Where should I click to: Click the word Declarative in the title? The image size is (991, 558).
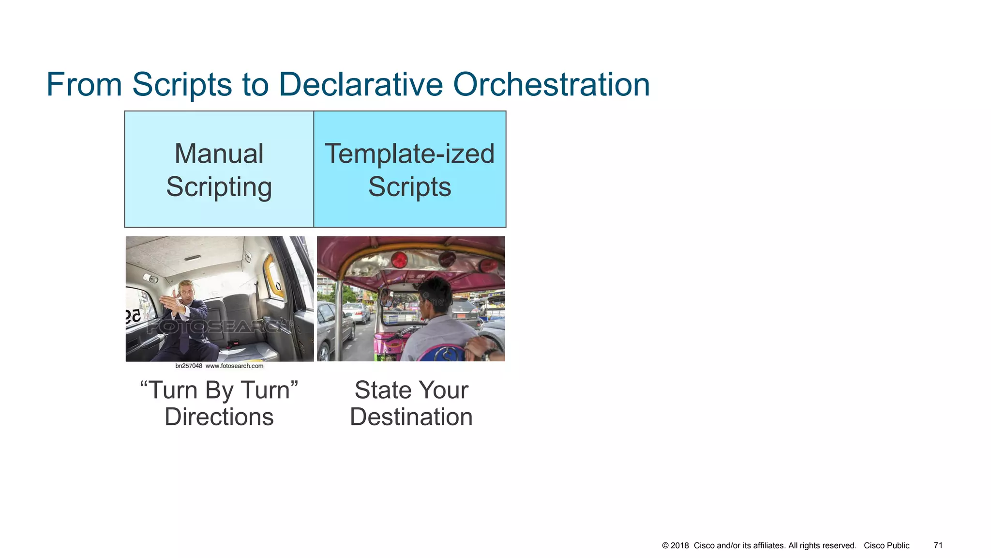pos(360,84)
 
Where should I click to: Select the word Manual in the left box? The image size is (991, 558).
pos(219,154)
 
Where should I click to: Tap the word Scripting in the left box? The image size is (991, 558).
pos(219,187)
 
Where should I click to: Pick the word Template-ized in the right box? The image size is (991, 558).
pos(409,154)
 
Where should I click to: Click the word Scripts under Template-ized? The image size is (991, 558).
pos(409,187)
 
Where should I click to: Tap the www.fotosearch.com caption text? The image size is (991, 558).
pos(234,366)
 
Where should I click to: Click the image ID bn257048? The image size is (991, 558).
pos(189,366)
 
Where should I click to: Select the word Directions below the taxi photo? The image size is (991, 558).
pos(219,417)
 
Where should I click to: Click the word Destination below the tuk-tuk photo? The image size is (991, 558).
pos(411,417)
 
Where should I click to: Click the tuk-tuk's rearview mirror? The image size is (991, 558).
pos(386,297)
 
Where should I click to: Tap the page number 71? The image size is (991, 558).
pos(938,545)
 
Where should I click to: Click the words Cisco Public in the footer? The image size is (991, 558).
pos(886,545)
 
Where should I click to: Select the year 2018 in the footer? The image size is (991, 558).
pos(679,545)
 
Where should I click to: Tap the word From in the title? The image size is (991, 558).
pos(84,84)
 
